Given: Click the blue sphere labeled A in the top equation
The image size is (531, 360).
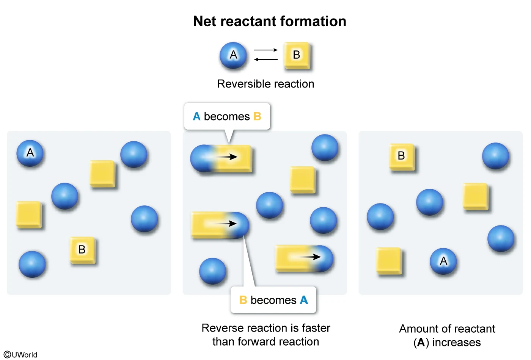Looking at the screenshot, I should (233, 55).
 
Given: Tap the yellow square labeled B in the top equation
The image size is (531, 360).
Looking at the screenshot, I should (297, 55).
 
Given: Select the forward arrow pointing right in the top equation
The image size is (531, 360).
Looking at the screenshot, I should (266, 50).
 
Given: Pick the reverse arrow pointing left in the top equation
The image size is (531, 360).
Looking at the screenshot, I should (266, 59).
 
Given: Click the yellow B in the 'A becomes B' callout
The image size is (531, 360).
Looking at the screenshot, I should (257, 116).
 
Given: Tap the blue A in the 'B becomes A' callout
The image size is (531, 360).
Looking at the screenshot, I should (304, 300).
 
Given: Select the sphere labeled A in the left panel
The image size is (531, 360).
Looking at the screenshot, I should (30, 153).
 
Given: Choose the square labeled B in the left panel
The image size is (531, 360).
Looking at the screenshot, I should (82, 250).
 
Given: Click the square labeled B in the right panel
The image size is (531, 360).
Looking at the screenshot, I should (401, 156).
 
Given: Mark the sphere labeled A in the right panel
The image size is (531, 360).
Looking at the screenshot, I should (443, 261).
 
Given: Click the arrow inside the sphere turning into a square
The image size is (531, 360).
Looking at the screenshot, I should (227, 157).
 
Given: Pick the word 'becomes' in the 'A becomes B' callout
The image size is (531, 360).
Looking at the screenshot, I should (227, 116).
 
